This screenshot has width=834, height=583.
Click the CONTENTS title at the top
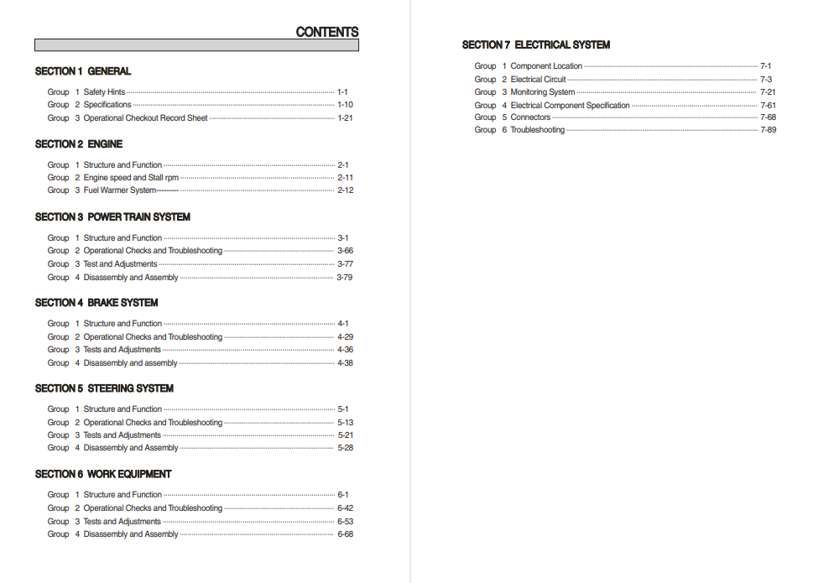tap(326, 32)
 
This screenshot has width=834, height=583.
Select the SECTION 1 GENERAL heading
tap(83, 71)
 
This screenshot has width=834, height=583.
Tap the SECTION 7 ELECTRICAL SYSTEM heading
tap(535, 44)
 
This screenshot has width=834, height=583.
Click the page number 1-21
tap(345, 118)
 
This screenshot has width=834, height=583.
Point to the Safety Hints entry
tap(104, 92)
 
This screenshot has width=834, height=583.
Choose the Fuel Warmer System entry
tap(119, 190)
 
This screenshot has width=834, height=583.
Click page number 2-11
tap(345, 178)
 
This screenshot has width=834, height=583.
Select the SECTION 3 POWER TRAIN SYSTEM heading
tap(112, 216)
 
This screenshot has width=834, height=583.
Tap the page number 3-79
tap(344, 278)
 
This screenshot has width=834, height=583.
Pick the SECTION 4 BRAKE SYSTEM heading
tap(96, 302)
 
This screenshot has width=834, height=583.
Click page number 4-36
tap(345, 350)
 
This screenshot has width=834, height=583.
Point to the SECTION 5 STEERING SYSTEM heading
tap(104, 388)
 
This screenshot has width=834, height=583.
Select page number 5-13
tap(345, 423)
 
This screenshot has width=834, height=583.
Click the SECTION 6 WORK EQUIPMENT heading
tap(103, 474)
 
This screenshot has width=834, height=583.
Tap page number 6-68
tap(345, 534)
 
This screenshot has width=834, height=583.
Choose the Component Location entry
tap(546, 66)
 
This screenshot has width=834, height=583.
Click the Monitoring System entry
tap(543, 92)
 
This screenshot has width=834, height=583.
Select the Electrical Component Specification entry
tap(570, 106)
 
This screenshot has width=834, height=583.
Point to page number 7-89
tap(768, 130)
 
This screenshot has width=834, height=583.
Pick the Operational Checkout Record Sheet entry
tap(145, 118)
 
